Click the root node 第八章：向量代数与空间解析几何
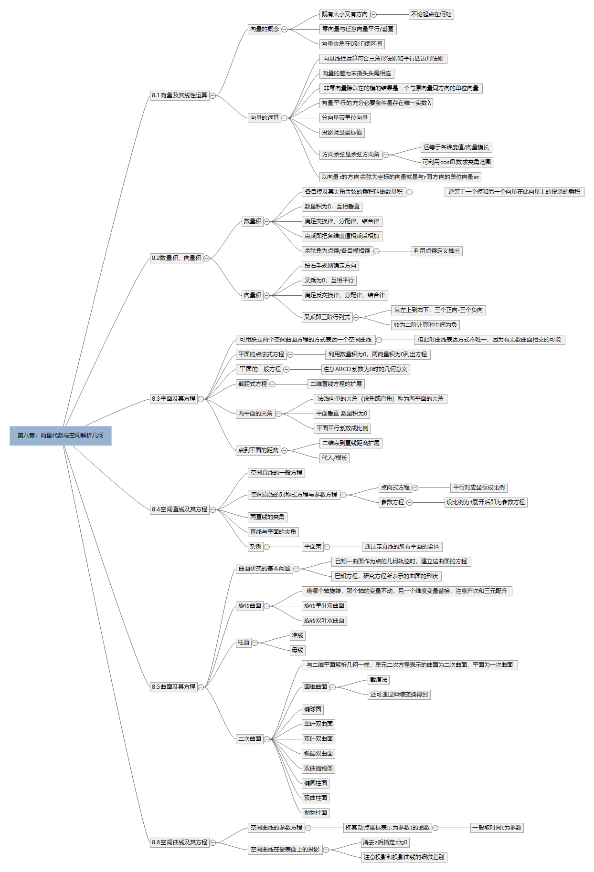point(61,436)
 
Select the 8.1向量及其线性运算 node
point(180,95)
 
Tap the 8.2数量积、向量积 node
point(177,258)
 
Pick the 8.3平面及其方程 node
point(174,399)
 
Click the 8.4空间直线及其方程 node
point(180,509)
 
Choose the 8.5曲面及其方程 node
point(174,687)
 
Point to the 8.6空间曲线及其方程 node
point(180,842)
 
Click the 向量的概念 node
point(264,29)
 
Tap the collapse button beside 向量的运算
point(285,118)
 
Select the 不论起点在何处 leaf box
point(431,14)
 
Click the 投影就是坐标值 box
point(342,133)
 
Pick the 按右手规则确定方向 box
point(330,266)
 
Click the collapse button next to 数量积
point(267,221)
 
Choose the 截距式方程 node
point(253,384)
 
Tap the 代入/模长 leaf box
point(334,458)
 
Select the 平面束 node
point(313,547)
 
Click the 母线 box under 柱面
point(297,650)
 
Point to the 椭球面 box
point(313,709)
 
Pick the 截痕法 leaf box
point(379,680)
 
